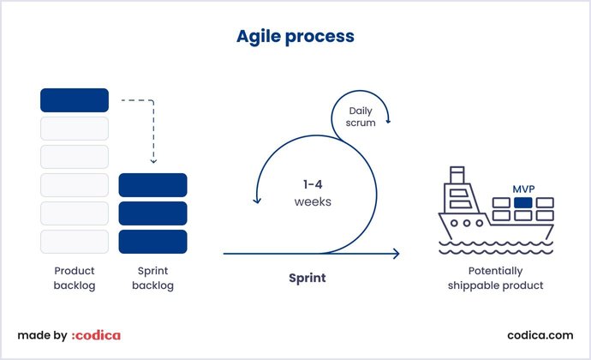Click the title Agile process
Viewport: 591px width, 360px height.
pyautogui.click(x=295, y=37)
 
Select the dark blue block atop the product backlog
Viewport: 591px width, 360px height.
pyautogui.click(x=75, y=100)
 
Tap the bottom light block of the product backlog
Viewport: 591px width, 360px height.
pyautogui.click(x=75, y=241)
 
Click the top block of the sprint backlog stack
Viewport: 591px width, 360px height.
pyautogui.click(x=152, y=185)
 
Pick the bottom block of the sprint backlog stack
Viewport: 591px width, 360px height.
pyautogui.click(x=152, y=241)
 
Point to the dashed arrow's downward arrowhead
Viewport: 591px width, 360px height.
pyautogui.click(x=152, y=160)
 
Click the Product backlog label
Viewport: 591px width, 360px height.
pyautogui.click(x=75, y=278)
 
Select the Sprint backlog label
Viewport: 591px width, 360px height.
pyautogui.click(x=152, y=278)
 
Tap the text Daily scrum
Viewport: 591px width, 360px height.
pyautogui.click(x=360, y=117)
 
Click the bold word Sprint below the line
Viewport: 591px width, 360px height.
pyautogui.click(x=306, y=279)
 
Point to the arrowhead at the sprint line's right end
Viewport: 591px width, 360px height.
pyautogui.click(x=396, y=254)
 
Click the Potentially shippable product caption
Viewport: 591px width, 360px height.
pyautogui.click(x=495, y=278)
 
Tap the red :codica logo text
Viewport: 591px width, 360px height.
pyautogui.click(x=95, y=335)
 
